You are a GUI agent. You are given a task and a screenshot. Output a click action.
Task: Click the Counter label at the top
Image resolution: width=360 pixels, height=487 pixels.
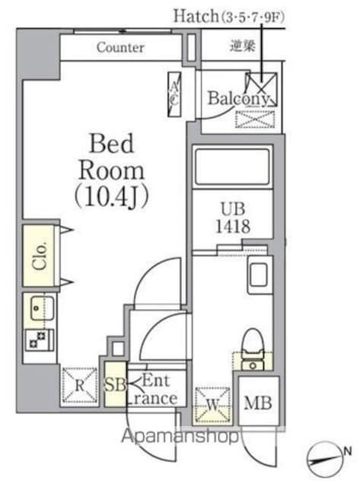(120, 47)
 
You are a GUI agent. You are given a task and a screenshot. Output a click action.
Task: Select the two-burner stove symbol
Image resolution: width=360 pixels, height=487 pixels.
(37, 339)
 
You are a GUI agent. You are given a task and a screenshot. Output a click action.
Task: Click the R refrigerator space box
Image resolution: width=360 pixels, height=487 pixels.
(79, 384)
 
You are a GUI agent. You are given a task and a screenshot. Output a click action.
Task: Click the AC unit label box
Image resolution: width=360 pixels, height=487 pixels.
(175, 94)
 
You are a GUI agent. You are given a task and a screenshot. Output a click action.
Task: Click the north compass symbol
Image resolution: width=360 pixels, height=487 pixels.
(328, 459)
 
